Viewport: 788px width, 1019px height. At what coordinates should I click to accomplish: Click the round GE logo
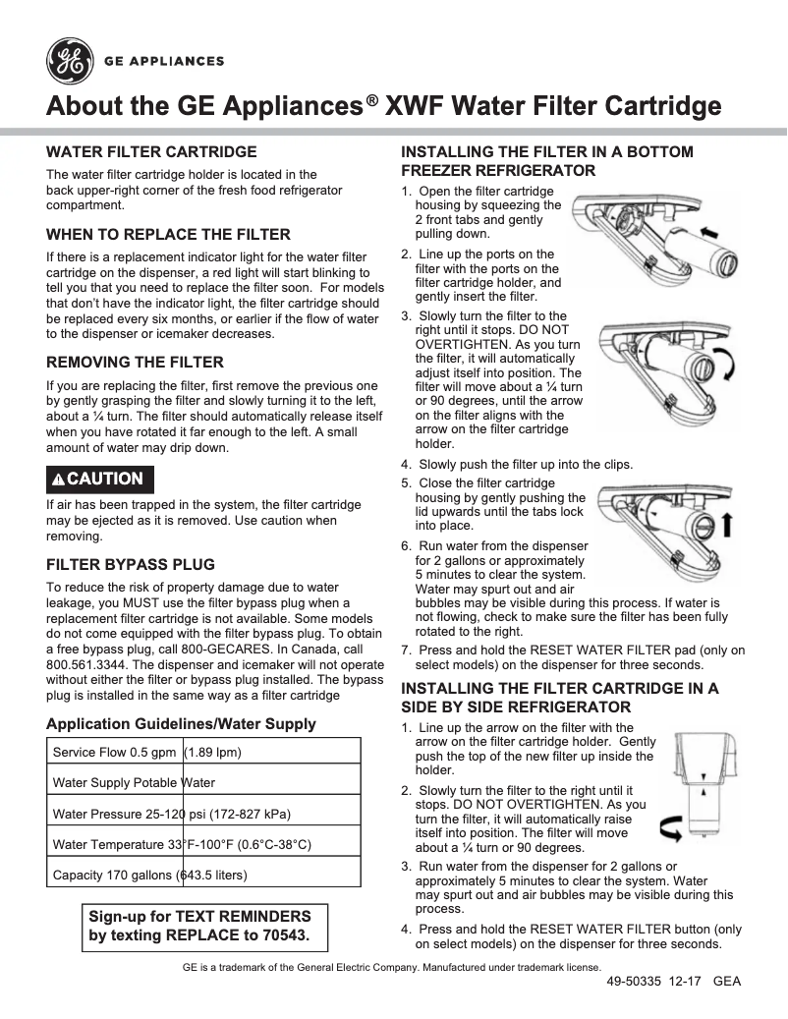click(x=69, y=61)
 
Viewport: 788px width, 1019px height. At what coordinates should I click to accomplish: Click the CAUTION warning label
click(x=99, y=479)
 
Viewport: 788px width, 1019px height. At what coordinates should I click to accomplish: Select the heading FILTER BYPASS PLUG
click(x=131, y=565)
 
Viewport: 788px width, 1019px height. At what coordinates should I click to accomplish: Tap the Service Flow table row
click(x=204, y=753)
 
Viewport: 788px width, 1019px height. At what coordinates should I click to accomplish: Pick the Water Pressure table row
click(x=204, y=814)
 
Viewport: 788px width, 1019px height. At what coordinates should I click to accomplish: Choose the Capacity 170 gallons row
click(x=204, y=875)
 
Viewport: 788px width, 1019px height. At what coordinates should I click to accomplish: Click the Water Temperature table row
click(x=204, y=844)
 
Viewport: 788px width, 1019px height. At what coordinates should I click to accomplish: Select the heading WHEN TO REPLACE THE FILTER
click(x=168, y=235)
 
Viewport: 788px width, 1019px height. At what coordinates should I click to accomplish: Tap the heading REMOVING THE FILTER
click(x=135, y=362)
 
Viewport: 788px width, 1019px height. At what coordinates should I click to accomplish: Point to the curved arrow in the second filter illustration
click(x=724, y=366)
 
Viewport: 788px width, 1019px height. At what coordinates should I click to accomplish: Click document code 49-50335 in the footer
click(x=634, y=982)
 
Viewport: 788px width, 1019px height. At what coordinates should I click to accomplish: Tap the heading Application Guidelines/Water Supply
click(x=181, y=724)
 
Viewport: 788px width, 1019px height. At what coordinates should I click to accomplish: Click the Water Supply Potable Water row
click(x=204, y=783)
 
